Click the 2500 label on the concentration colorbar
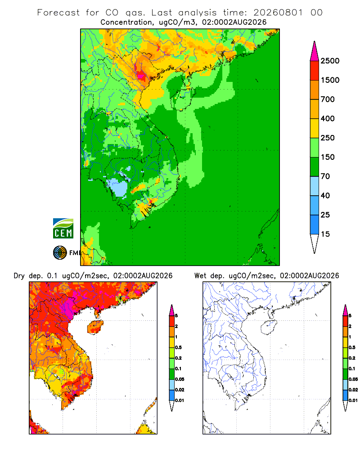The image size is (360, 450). pos(330,61)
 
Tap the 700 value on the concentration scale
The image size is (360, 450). pos(328,99)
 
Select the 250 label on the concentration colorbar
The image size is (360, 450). pos(328,138)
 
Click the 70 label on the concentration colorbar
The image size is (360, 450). pos(325,176)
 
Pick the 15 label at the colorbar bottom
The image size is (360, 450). pos(325,234)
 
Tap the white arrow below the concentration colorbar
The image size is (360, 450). pos(315,244)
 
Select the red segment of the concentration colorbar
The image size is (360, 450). pos(315,71)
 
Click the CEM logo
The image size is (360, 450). pos(63,229)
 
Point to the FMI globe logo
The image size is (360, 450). pos(60,253)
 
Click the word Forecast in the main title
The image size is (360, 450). pos(58,13)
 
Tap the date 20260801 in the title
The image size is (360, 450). pos(278,13)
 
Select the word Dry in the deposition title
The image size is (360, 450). pos(19,276)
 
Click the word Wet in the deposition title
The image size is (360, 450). pos(200,276)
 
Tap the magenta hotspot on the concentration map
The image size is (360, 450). pos(141,76)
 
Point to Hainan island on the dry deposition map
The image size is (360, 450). pos(95,328)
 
